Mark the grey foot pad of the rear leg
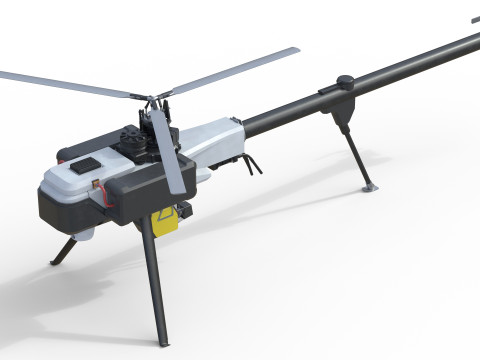pos(369,187)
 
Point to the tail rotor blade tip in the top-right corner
pos(473,19)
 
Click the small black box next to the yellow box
pos(184,211)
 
